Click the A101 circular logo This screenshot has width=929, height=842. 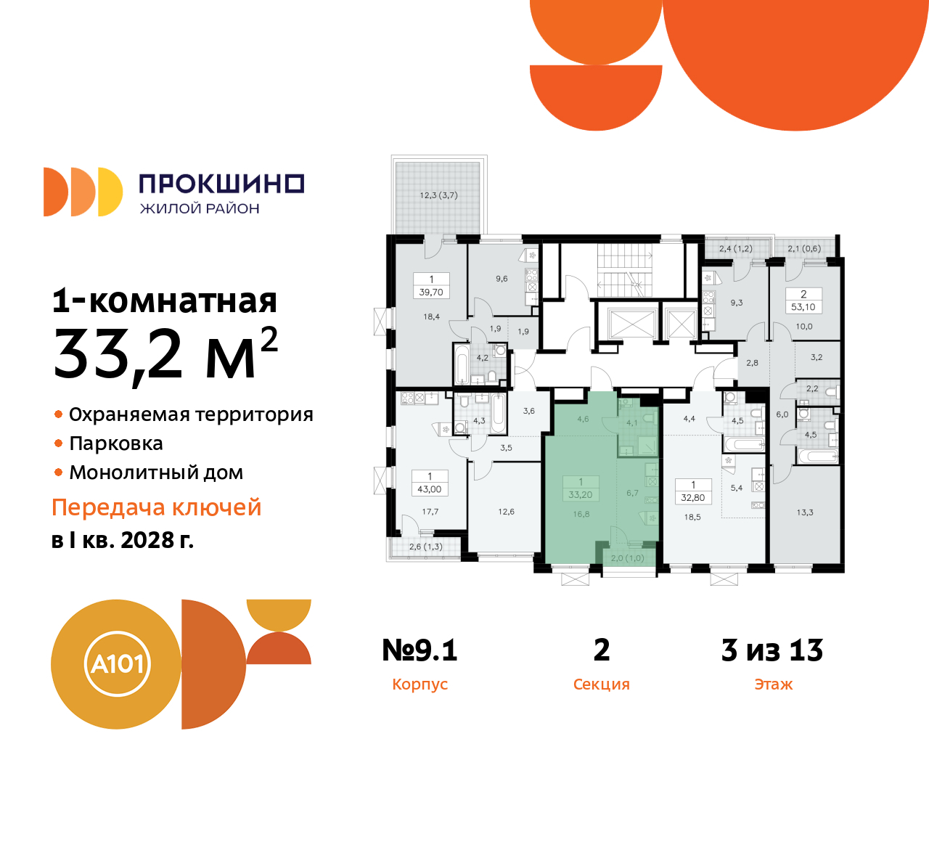[117, 663]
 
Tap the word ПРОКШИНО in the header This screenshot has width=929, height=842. [221, 184]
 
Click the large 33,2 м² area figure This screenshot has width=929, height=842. [165, 353]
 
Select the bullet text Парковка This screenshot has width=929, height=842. [116, 444]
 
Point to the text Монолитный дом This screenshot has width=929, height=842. [156, 473]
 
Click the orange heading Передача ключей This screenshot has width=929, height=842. [156, 507]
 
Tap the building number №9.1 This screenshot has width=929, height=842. [420, 650]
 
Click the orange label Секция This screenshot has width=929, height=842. [601, 684]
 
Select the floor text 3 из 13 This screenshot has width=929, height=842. [772, 650]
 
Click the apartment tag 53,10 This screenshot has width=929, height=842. [803, 307]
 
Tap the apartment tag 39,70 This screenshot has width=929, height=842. [431, 292]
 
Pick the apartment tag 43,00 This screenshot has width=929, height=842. [430, 489]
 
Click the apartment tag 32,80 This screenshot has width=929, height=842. [693, 497]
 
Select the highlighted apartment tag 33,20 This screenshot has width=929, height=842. [581, 494]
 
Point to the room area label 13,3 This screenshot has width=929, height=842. [805, 512]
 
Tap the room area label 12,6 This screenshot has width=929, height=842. [506, 512]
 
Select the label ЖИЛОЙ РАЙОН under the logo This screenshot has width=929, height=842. [200, 209]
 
